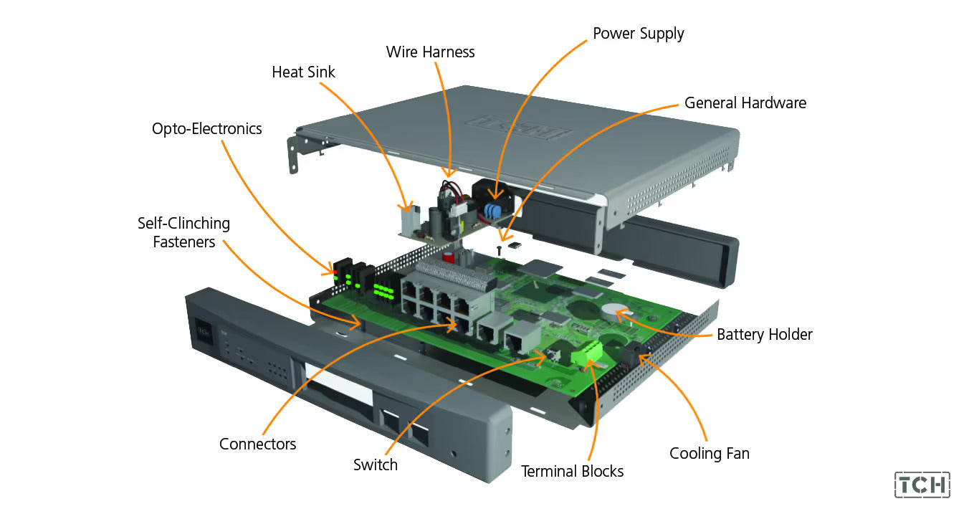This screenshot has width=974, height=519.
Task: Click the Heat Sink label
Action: [303, 72]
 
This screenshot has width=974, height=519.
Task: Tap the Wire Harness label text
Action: [430, 52]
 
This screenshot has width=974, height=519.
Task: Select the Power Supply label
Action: [638, 34]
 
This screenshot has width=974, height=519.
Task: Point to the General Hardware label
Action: [745, 103]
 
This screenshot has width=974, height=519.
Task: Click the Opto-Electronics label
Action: [206, 129]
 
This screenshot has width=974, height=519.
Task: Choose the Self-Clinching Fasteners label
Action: [184, 232]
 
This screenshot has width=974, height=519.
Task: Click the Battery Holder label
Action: [764, 335]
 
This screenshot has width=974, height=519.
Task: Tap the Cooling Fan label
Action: [709, 453]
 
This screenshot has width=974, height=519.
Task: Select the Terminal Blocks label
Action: [572, 471]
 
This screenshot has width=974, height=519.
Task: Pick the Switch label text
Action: [375, 465]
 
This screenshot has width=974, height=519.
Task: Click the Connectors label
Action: [257, 444]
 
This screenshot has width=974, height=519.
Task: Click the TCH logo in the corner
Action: [922, 485]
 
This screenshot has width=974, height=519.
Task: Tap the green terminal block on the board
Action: [591, 352]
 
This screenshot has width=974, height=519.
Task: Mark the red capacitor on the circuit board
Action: [449, 255]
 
